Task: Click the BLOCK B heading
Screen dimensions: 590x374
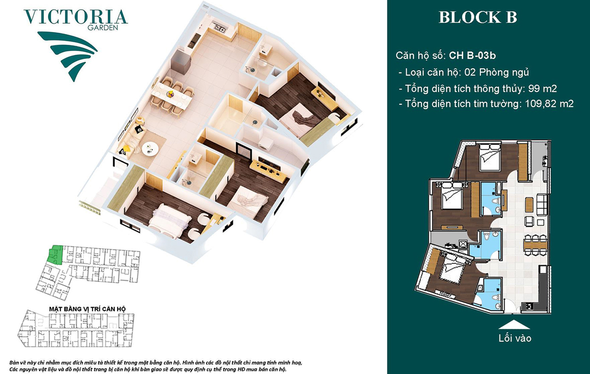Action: (x=478, y=17)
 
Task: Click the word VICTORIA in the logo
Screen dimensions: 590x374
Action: (x=76, y=17)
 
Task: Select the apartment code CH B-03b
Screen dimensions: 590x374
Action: (x=472, y=56)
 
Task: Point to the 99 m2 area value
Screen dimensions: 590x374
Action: (x=543, y=88)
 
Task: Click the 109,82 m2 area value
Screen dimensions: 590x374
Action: (x=549, y=104)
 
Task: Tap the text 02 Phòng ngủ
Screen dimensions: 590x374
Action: (x=497, y=72)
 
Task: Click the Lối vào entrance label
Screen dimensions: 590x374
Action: (x=515, y=338)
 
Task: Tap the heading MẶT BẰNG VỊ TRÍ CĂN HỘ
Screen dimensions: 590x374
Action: (x=88, y=309)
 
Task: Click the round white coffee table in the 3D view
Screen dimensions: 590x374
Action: (x=150, y=149)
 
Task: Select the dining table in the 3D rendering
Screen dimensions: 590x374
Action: (x=173, y=96)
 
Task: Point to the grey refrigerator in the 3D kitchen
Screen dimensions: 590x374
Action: (x=180, y=59)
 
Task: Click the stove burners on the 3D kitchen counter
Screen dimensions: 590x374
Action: (x=219, y=27)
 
